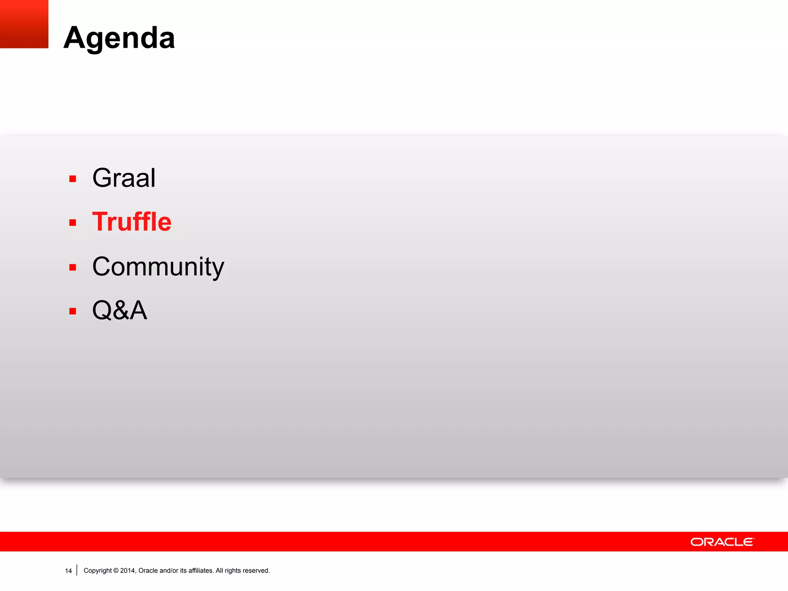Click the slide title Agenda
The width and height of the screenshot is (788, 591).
click(x=119, y=38)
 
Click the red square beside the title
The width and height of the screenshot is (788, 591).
click(x=24, y=24)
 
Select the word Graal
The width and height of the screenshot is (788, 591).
click(x=124, y=178)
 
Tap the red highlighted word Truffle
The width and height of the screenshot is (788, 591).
click(x=132, y=222)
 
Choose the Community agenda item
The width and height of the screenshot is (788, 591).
click(x=158, y=267)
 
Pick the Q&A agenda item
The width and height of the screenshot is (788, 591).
click(x=120, y=310)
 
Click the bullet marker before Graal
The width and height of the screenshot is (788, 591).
click(x=73, y=179)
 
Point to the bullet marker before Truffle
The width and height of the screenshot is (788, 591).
click(x=73, y=223)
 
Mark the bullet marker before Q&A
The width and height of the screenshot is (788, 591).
click(x=73, y=311)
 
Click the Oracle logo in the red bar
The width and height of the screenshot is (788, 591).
click(x=722, y=542)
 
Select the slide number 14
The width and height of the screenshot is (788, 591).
click(x=68, y=571)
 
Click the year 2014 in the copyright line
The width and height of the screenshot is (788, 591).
click(x=127, y=571)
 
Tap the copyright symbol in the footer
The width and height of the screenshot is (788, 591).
click(x=116, y=571)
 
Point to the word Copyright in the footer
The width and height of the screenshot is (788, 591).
click(x=97, y=571)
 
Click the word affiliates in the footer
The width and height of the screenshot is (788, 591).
click(x=200, y=571)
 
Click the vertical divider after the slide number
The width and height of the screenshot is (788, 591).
click(x=77, y=570)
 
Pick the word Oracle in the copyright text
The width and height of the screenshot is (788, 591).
click(x=148, y=571)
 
